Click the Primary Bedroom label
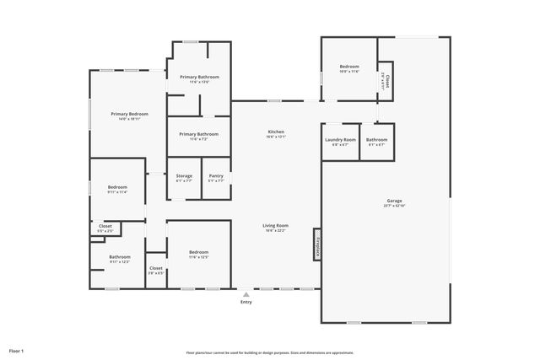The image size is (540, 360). pos(129,113)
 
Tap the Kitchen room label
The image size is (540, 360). pos(276,132)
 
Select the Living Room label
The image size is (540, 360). pos(276,225)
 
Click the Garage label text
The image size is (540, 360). pos(395,201)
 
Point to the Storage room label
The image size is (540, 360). pos(184,175)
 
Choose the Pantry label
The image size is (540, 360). pos(216,175)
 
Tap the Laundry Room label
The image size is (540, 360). pos(340,139)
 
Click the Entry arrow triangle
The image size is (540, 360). pos(246,295)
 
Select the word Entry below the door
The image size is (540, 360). pos(246,303)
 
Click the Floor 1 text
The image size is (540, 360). pos(17,350)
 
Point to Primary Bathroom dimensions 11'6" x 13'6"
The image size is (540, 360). pos(199,82)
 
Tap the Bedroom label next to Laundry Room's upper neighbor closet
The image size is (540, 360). pos(349,67)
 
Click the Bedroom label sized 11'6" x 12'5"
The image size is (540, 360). pos(199,252)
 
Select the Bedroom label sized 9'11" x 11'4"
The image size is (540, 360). pos(117,186)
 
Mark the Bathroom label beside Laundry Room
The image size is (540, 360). pos(377,139)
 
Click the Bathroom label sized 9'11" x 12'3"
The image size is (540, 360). pos(120,256)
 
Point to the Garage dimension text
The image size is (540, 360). pos(395,206)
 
